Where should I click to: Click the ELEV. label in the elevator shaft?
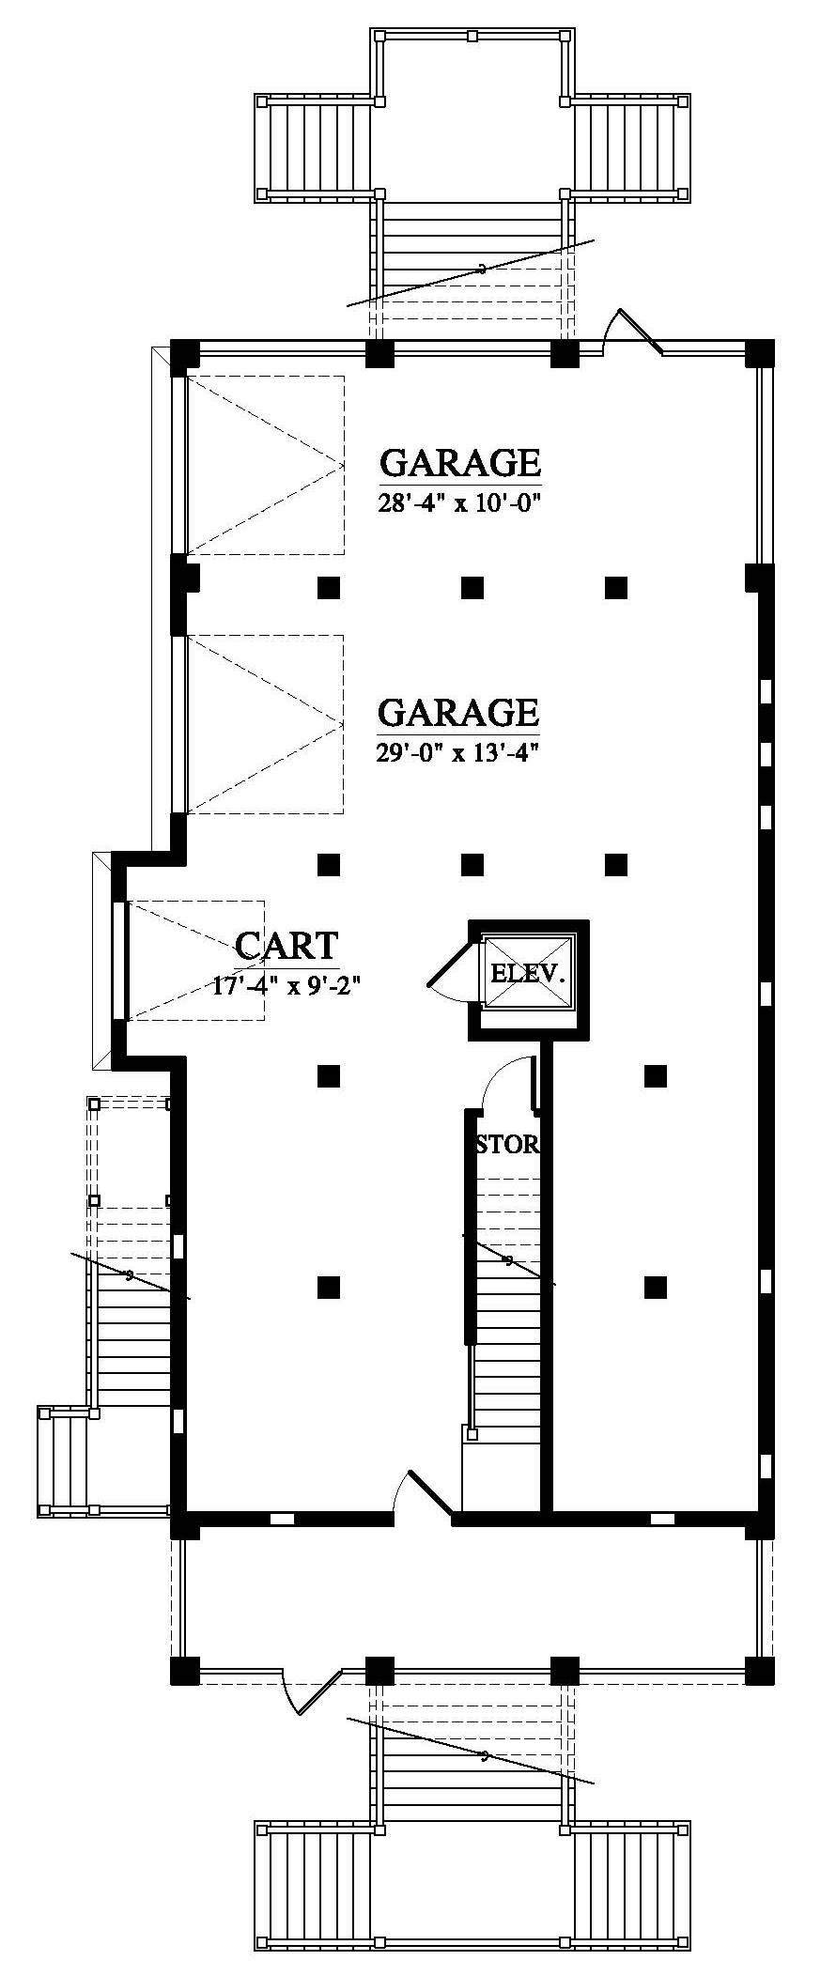[x=529, y=972]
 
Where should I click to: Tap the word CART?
[x=286, y=946]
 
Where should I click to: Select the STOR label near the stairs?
[x=508, y=1145]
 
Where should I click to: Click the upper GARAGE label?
[x=460, y=463]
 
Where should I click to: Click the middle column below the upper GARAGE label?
[x=472, y=588]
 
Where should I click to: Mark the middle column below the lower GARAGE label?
[x=472, y=863]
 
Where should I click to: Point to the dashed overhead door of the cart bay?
[x=195, y=960]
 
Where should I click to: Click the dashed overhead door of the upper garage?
[x=264, y=465]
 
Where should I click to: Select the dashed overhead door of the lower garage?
[x=264, y=724]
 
